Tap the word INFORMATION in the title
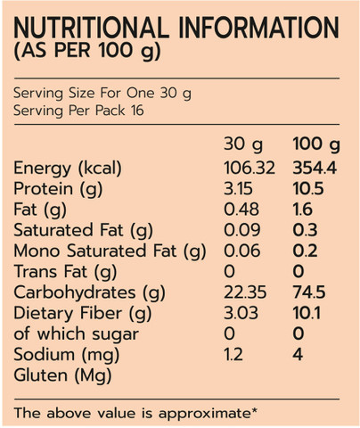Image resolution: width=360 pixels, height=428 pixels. pos(258,28)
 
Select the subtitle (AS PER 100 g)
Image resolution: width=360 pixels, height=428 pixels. pos(87,51)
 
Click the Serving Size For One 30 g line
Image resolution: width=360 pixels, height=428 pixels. pos(102,94)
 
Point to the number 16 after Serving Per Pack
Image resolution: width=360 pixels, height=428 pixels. pos(137,111)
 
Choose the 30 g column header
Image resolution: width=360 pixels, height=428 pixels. pos(243,144)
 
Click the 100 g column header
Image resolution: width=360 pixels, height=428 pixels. pos(316,144)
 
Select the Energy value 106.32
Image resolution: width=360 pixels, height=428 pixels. pos(250,168)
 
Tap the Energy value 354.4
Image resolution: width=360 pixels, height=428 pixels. pos(315,168)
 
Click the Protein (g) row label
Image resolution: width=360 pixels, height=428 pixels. pos(58,189)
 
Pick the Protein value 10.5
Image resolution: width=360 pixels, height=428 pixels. pos(308,189)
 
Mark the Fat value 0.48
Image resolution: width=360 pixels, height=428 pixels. pos(241,210)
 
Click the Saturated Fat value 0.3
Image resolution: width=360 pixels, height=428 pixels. pos(305,230)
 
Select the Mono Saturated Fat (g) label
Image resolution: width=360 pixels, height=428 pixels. pos(110,251)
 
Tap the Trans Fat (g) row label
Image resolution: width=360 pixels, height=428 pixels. pos(65,272)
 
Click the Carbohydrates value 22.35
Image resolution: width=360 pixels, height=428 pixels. pos(245,292)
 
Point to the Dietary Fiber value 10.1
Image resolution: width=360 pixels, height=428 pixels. pos(307,313)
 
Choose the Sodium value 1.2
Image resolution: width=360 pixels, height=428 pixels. pos(233,354)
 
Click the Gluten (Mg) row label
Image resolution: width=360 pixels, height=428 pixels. pos(62,375)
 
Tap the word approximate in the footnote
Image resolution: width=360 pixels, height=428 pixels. pos(208,414)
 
